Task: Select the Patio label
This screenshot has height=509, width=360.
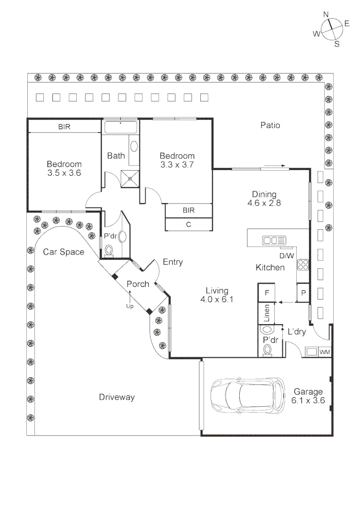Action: click(270, 125)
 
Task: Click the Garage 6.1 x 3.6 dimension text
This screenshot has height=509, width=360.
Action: click(309, 396)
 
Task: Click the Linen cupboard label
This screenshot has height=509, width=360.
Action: click(267, 313)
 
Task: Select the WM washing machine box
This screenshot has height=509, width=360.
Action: click(324, 352)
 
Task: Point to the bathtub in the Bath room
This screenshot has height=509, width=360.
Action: click(120, 127)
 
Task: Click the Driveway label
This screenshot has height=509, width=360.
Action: click(117, 397)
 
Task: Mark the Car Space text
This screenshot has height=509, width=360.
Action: click(64, 252)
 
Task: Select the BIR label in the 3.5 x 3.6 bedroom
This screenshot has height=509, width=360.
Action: click(64, 127)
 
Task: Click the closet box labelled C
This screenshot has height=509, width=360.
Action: click(188, 225)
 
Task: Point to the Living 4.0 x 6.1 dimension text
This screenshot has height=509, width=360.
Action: click(217, 295)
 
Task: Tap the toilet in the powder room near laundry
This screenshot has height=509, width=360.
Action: click(267, 349)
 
